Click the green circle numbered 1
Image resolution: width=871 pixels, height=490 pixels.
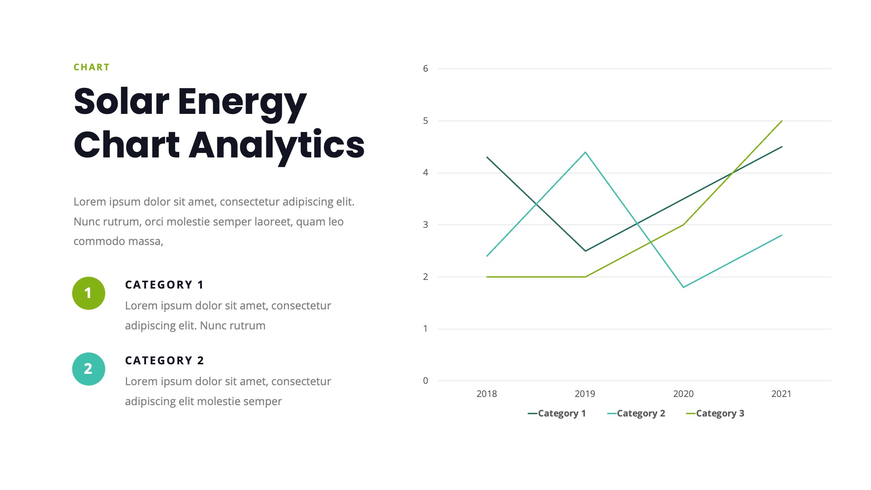(88, 293)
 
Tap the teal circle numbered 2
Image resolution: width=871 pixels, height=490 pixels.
(88, 369)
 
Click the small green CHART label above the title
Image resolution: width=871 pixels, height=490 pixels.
(92, 67)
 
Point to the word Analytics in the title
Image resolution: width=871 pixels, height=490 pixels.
(276, 145)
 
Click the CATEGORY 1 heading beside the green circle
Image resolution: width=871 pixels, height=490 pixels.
(164, 285)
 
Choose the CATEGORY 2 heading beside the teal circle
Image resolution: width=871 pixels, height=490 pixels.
(164, 361)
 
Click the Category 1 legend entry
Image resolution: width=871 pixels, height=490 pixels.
(557, 413)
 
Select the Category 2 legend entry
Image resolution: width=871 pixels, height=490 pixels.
(636, 413)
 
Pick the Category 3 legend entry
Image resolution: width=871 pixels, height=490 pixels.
(715, 413)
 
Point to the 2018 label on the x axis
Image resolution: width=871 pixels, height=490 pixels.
(487, 394)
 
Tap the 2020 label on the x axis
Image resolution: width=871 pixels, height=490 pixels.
(683, 394)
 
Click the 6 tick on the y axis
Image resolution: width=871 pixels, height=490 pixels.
(426, 69)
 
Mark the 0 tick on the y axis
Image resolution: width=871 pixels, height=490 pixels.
(426, 381)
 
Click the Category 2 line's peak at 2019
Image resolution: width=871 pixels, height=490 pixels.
(585, 152)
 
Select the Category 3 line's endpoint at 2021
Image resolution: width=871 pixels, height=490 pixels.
(782, 121)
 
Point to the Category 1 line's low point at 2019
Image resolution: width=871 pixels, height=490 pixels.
(585, 251)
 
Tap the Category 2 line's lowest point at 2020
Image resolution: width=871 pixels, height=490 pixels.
(684, 287)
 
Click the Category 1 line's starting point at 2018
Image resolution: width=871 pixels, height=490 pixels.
(487, 157)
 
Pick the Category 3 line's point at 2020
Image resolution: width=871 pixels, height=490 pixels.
(684, 225)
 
